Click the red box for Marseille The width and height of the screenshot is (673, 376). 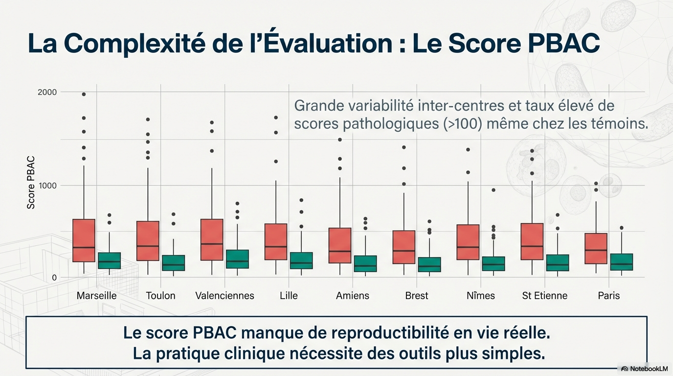[84, 240]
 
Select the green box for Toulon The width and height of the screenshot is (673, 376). [173, 263]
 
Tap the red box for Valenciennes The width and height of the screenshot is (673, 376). [212, 239]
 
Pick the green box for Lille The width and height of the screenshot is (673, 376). [301, 260]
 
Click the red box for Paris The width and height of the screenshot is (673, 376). [596, 249]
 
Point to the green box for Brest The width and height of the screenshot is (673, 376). [429, 264]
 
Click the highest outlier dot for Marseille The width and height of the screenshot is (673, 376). [84, 94]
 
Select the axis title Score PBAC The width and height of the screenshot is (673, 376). [31, 183]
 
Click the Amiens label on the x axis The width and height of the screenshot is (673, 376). [353, 296]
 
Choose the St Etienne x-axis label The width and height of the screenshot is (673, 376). [544, 296]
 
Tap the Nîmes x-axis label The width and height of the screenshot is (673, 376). [480, 296]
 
